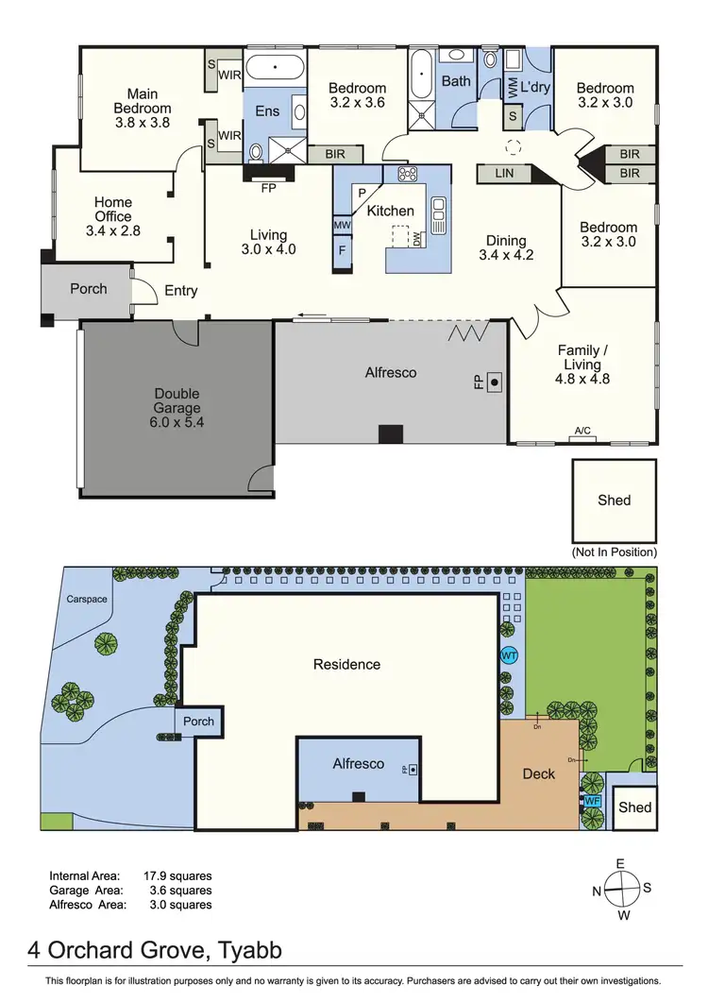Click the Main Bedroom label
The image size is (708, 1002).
pos(143,108)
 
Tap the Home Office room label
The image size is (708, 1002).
pos(113,215)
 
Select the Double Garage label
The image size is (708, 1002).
pos(177,408)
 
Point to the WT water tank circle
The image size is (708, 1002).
pos(509,655)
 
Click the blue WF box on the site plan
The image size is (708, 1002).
pos(593,801)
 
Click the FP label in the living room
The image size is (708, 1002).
pos(269,187)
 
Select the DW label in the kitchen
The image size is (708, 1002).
pos(416,241)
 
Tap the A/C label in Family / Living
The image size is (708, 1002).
pos(582,432)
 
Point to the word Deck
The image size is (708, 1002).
pos(539,773)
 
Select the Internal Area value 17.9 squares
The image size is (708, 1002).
pos(177,875)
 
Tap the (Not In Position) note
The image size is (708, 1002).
pos(614,552)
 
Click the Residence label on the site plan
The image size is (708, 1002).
pos(346,664)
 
